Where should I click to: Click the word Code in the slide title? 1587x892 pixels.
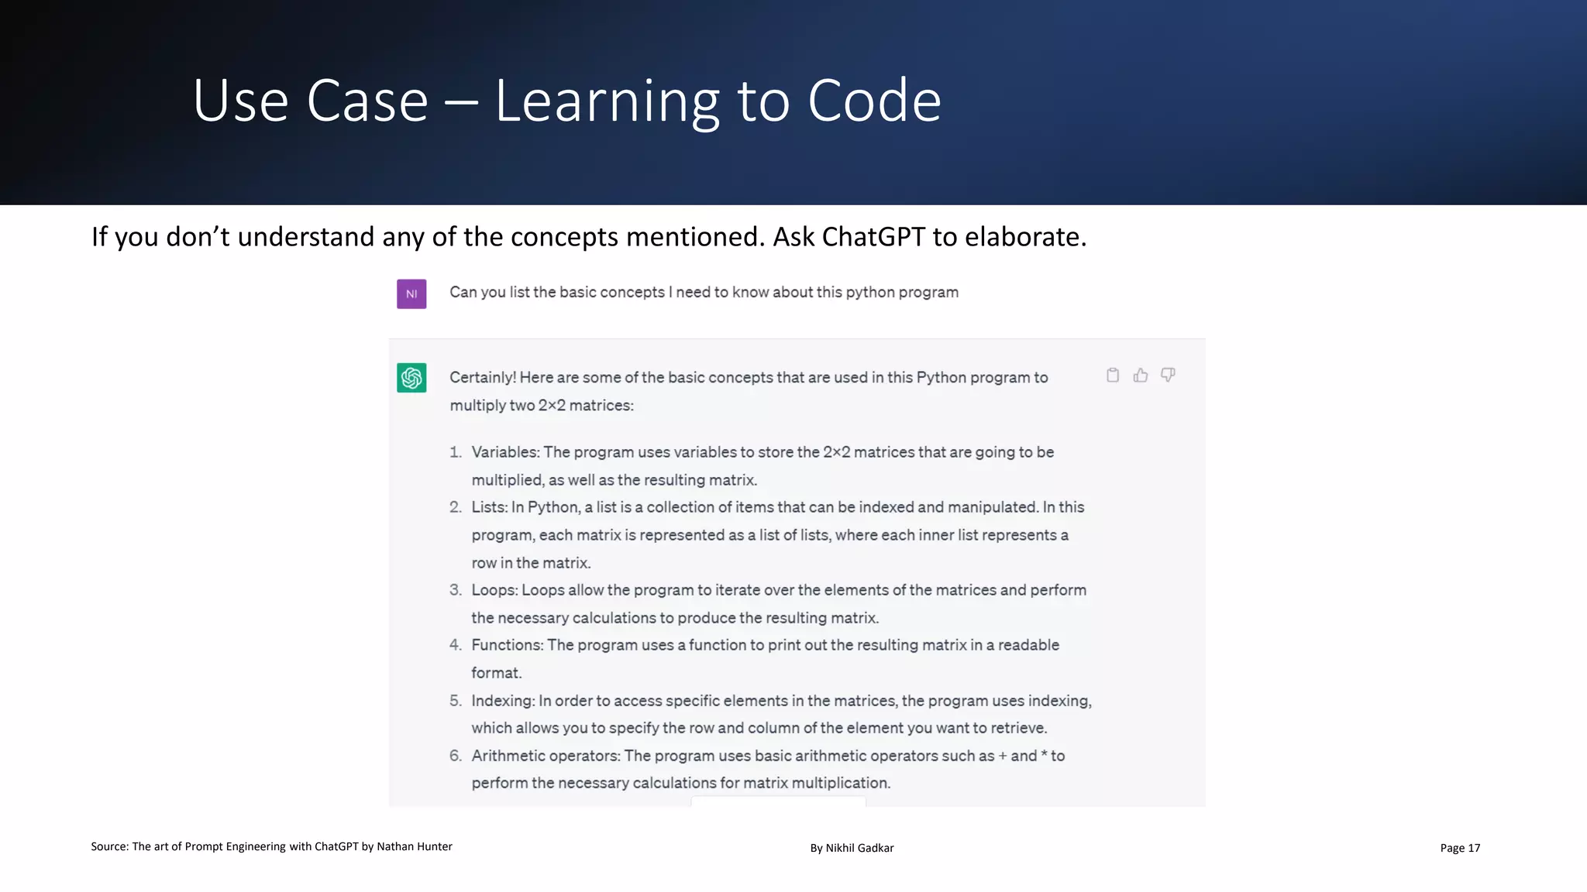[874, 101]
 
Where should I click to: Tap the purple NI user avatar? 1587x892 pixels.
[411, 294]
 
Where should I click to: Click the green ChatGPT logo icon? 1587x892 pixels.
[411, 378]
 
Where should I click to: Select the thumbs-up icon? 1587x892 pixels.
[1141, 376]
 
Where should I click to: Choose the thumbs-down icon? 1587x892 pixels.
[1168, 376]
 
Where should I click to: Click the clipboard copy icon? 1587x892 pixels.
[1113, 376]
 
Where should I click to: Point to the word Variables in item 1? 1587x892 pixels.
[504, 452]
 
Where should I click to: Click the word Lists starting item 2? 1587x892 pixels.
[488, 507]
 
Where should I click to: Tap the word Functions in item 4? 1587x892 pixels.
[507, 645]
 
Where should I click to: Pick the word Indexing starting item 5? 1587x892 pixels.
[502, 701]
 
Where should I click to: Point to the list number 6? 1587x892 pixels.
[455, 756]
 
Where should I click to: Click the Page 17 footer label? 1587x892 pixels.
[1460, 848]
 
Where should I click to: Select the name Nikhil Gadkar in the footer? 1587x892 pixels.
[859, 848]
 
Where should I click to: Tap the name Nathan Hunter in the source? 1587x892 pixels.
[414, 846]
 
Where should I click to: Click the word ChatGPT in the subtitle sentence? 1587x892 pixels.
[873, 237]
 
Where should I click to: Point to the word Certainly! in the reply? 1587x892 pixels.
[482, 378]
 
